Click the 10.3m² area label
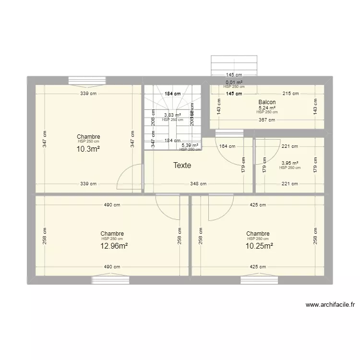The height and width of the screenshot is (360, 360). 88,149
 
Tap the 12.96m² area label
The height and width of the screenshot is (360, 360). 114,246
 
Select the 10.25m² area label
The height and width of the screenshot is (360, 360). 260,246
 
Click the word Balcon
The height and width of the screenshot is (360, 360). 267,102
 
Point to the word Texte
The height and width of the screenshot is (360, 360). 182,166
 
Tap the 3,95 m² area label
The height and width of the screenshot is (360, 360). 290,163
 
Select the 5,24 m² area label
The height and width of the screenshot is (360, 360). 267,108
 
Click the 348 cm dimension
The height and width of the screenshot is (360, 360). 198,183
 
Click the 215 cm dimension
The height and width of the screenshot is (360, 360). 291,94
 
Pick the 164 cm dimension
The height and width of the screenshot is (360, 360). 227,146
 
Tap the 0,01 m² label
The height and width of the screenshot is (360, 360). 234,83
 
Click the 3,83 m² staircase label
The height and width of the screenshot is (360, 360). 172,115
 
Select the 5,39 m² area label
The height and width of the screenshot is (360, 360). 190,145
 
